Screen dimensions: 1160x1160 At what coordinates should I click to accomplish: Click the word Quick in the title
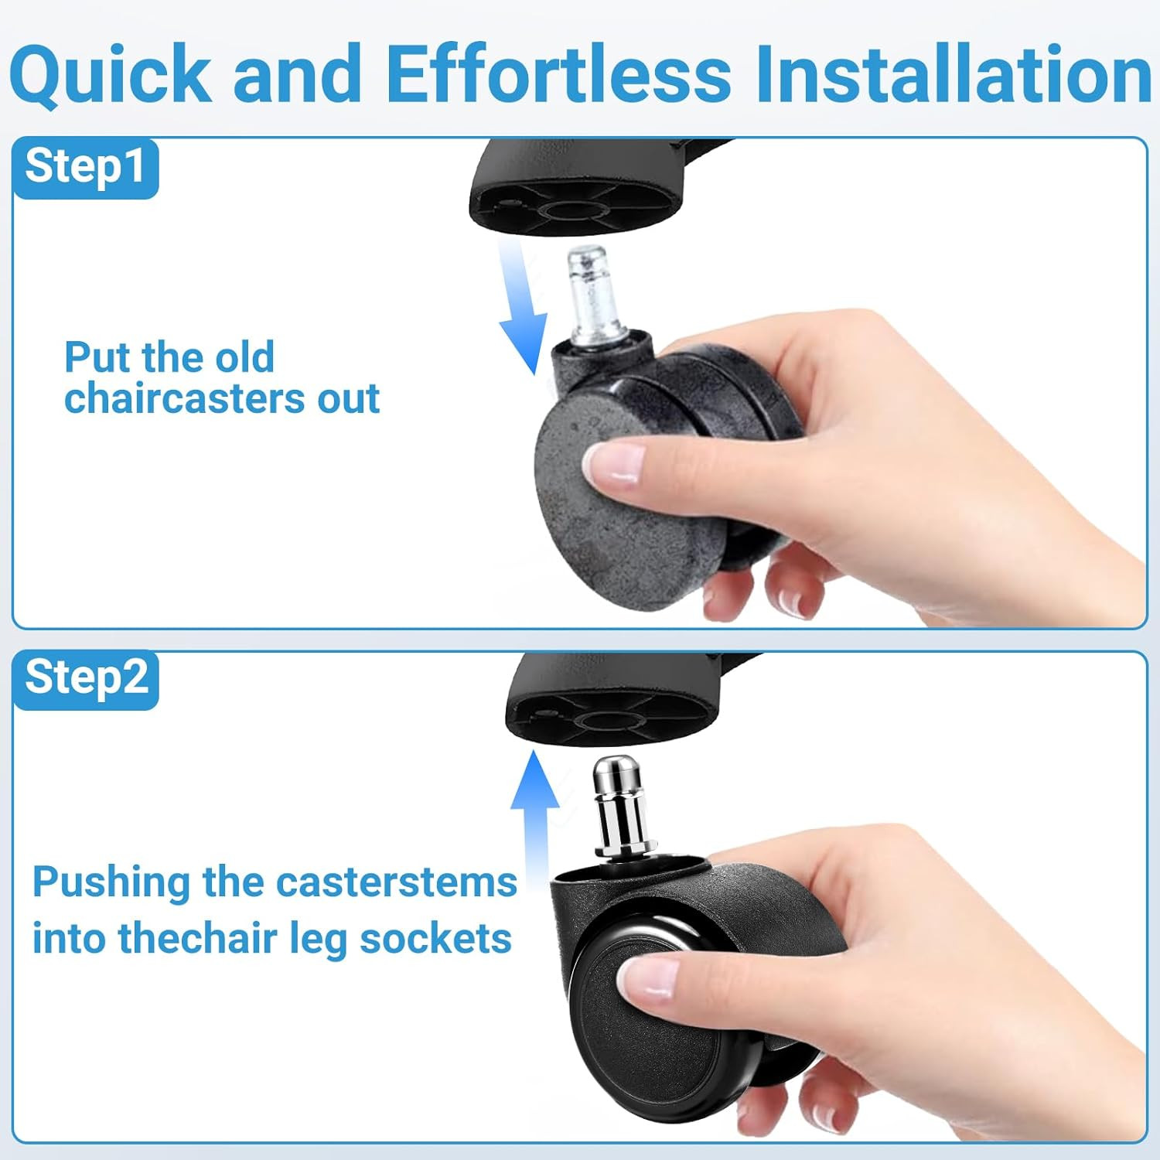coord(110,75)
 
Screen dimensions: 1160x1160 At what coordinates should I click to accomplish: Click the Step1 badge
coord(85,167)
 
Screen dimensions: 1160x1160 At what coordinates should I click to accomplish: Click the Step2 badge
coord(85,678)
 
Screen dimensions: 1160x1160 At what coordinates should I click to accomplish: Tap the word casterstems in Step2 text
coord(396,882)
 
